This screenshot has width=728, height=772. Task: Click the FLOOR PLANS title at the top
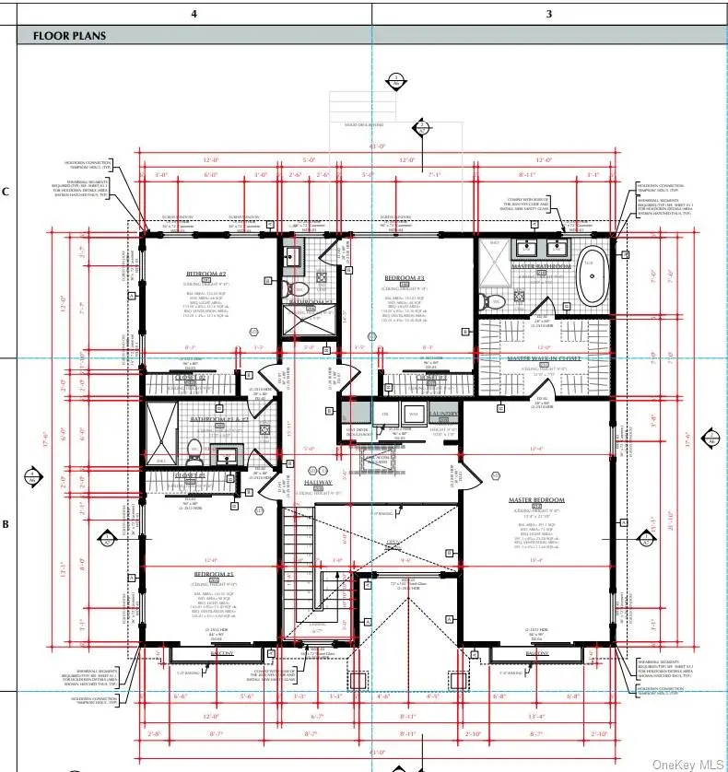point(69,36)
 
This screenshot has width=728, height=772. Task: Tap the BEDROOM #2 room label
point(206,275)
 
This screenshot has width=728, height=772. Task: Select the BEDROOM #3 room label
point(404,277)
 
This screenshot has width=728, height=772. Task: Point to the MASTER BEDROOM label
point(536,500)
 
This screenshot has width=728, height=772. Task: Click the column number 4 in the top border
point(194,13)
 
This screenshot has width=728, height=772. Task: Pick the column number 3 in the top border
point(549,13)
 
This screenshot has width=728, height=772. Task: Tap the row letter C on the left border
point(6,192)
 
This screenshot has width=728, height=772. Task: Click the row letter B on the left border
point(6,524)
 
